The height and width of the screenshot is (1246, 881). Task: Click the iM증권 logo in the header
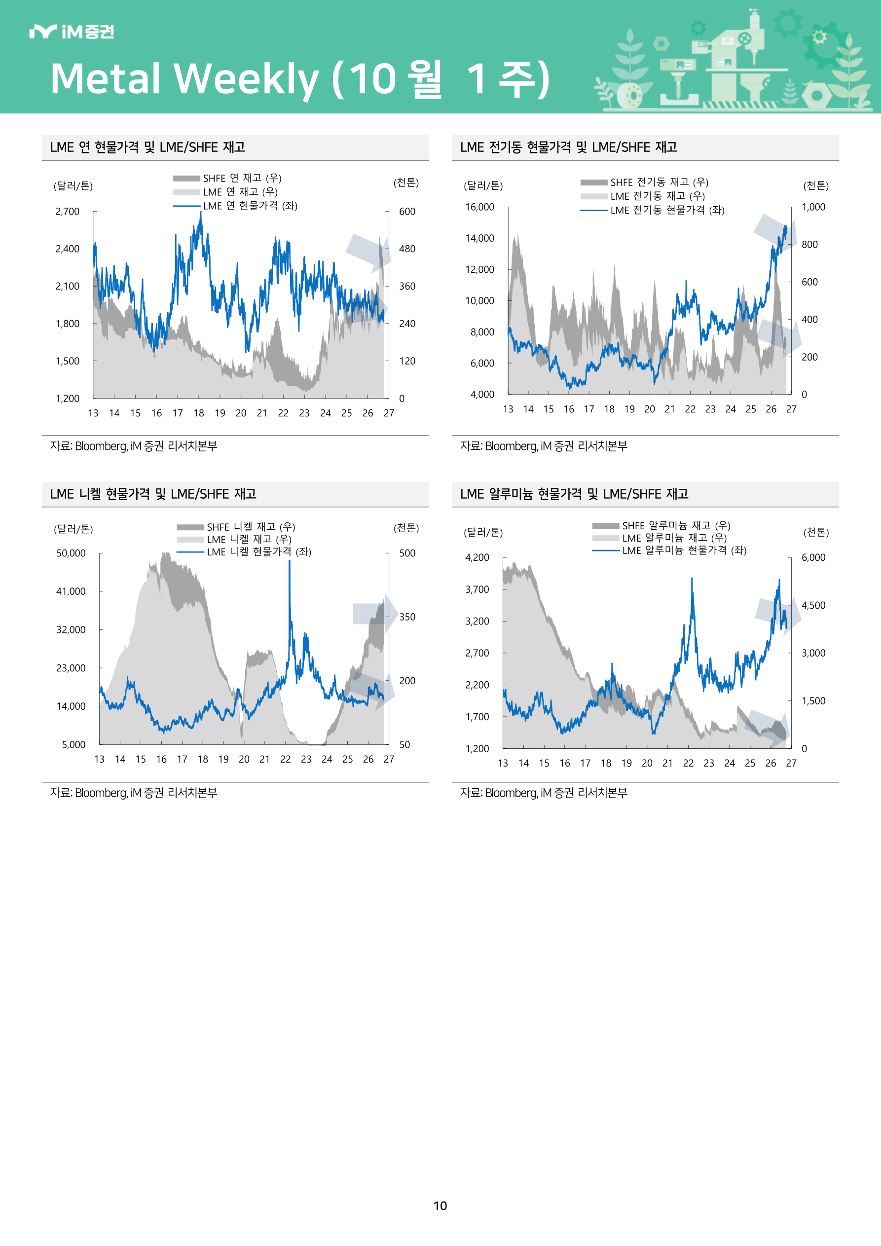tap(72, 32)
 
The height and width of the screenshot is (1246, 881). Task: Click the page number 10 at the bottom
tap(440, 1206)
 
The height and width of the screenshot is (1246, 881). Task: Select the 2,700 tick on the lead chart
tap(67, 212)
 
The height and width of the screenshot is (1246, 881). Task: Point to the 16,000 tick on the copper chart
tap(480, 207)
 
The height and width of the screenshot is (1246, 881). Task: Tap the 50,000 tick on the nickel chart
tap(71, 553)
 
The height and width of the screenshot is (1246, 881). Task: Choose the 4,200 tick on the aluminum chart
tap(477, 558)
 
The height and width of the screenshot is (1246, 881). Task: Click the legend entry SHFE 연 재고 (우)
tap(227, 178)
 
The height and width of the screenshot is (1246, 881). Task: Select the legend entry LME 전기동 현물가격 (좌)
tap(653, 210)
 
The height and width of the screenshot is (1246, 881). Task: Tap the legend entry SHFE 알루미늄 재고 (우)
tap(661, 525)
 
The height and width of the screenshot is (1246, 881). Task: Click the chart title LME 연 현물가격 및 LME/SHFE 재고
tap(147, 147)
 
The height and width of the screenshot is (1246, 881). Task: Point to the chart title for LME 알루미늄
tap(574, 494)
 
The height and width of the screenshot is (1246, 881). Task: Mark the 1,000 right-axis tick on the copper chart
tap(813, 207)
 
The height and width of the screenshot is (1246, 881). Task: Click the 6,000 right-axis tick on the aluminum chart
tap(813, 558)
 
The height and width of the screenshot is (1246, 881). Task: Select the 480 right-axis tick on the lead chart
tap(407, 249)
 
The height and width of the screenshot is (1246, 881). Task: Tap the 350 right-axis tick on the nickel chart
tap(407, 617)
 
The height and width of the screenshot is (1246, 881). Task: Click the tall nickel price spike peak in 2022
tap(290, 561)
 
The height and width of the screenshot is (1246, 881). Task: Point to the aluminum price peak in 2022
tap(692, 579)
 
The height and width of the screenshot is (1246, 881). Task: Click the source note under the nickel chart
tap(134, 793)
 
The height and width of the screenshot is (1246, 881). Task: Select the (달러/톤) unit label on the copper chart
tap(483, 185)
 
